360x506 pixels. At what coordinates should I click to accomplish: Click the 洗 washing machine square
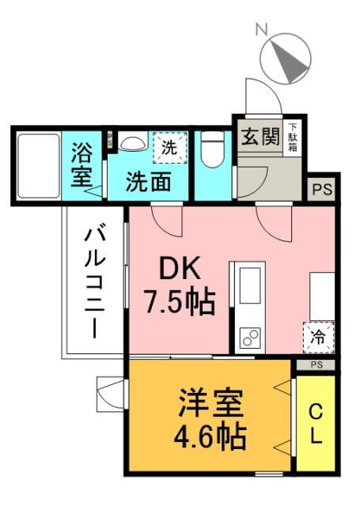point(168,146)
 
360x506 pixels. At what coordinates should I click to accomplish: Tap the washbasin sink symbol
point(131,143)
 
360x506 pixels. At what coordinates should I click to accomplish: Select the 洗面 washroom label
point(148,181)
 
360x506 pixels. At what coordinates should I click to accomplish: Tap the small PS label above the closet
point(316,364)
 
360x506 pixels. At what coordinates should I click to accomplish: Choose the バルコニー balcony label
point(96,281)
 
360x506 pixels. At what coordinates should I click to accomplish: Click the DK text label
point(179,270)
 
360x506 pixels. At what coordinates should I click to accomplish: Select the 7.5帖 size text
point(178,301)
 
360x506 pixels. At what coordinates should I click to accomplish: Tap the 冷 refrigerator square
point(318,337)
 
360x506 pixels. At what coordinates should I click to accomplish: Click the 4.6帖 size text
point(210,436)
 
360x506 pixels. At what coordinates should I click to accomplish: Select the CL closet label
point(315,424)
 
